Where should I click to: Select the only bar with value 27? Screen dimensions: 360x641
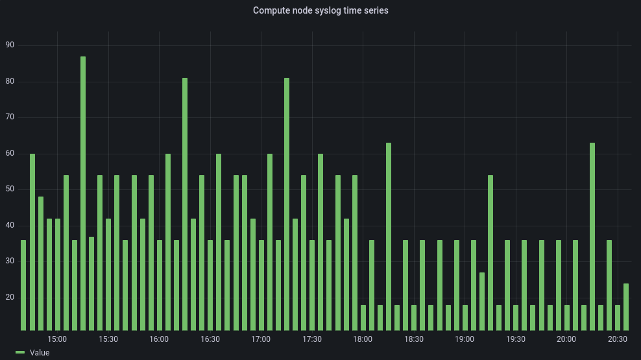pyautogui.click(x=482, y=301)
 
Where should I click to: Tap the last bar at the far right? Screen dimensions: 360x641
pyautogui.click(x=626, y=307)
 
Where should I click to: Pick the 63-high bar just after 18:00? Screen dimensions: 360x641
pyautogui.click(x=389, y=237)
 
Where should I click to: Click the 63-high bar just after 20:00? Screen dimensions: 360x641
pyautogui.click(x=592, y=237)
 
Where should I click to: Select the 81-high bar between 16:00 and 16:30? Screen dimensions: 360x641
pyautogui.click(x=185, y=204)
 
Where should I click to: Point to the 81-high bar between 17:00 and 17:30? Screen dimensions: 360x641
pyautogui.click(x=287, y=204)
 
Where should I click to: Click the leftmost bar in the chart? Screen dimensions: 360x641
pyautogui.click(x=23, y=285)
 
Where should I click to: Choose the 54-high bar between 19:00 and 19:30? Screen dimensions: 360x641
pyautogui.click(x=490, y=253)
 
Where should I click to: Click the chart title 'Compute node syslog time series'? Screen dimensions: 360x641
pyautogui.click(x=320, y=10)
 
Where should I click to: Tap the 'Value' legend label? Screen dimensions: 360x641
pyautogui.click(x=40, y=353)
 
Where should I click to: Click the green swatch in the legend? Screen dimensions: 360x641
pyautogui.click(x=20, y=353)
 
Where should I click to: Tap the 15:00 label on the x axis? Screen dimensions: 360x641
pyautogui.click(x=57, y=339)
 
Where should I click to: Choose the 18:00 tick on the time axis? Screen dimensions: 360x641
pyautogui.click(x=363, y=339)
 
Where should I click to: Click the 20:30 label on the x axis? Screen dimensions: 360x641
pyautogui.click(x=617, y=339)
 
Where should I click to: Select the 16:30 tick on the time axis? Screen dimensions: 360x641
pyautogui.click(x=210, y=339)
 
